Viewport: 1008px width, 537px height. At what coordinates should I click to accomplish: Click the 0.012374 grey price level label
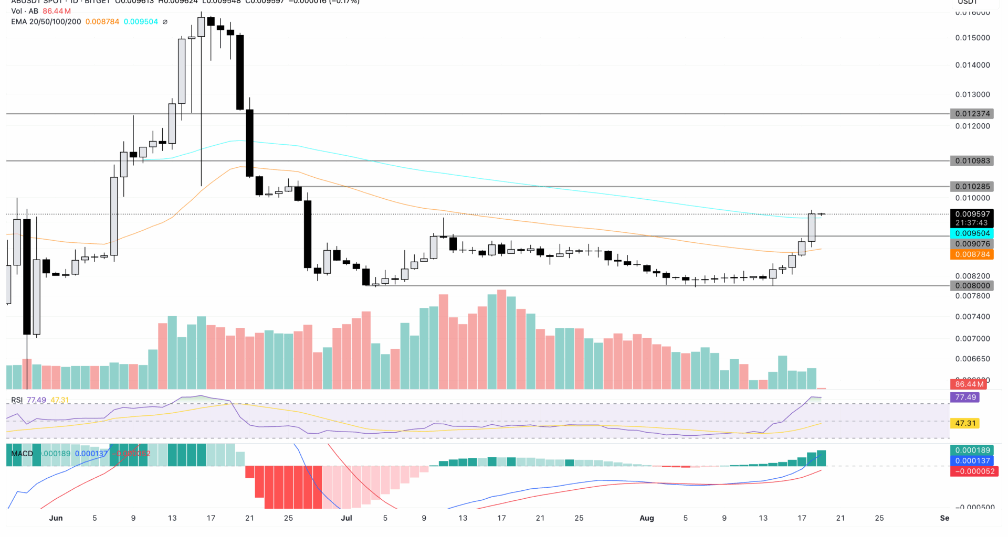[x=972, y=114]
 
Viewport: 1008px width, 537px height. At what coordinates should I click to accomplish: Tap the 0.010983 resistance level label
[x=972, y=161]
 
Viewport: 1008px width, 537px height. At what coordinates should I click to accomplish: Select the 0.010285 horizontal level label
[x=972, y=187]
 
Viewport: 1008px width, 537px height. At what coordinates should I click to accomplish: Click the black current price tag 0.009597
[x=972, y=214]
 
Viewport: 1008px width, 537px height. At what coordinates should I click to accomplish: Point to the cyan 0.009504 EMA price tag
[x=972, y=233]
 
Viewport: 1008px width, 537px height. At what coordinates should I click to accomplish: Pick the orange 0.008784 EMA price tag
[x=972, y=254]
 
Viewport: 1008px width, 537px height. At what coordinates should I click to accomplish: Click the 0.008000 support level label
[x=972, y=286]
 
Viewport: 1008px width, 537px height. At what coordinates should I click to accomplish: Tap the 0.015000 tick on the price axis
[x=972, y=38]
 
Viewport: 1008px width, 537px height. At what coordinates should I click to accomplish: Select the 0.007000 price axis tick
[x=972, y=339]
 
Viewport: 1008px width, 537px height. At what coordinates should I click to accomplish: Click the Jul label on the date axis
[x=346, y=518]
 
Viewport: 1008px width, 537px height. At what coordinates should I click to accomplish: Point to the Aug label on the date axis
[x=646, y=518]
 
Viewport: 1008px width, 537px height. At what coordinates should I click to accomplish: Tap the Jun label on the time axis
[x=56, y=518]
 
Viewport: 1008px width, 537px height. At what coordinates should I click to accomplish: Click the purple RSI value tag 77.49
[x=965, y=398]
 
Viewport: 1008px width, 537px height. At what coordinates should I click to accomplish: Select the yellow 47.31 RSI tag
[x=965, y=423]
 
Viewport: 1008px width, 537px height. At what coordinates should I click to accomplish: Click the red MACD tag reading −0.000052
[x=972, y=471]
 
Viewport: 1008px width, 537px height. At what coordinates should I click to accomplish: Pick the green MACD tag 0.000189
[x=972, y=450]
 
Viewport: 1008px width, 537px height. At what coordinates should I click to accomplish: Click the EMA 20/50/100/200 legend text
[x=46, y=22]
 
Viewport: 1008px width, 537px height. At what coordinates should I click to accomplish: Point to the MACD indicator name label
[x=22, y=454]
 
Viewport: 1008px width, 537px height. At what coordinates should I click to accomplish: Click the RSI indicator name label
[x=17, y=400]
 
